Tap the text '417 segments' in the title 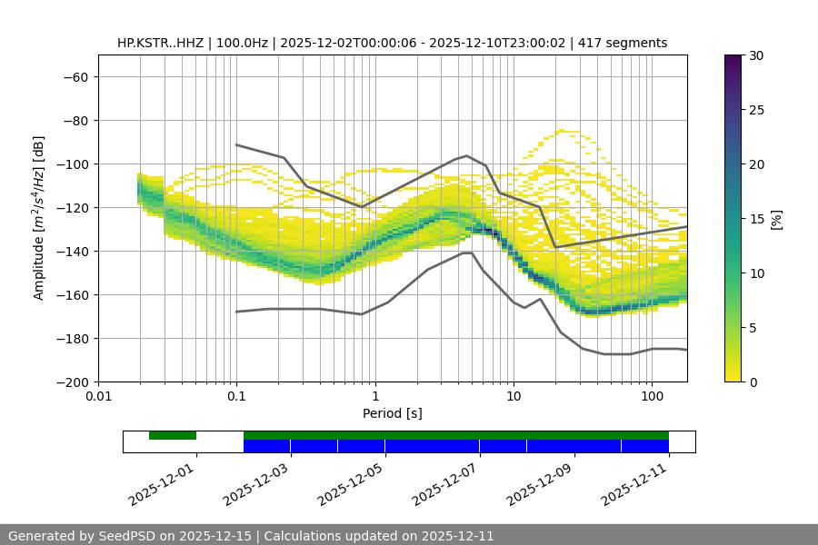pyautogui.click(x=628, y=43)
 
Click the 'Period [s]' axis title pyautogui.click(x=393, y=413)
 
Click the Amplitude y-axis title pyautogui.click(x=38, y=218)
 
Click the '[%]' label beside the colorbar pyautogui.click(x=776, y=219)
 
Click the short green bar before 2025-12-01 pyautogui.click(x=173, y=435)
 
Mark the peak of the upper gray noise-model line pyautogui.click(x=467, y=155)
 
